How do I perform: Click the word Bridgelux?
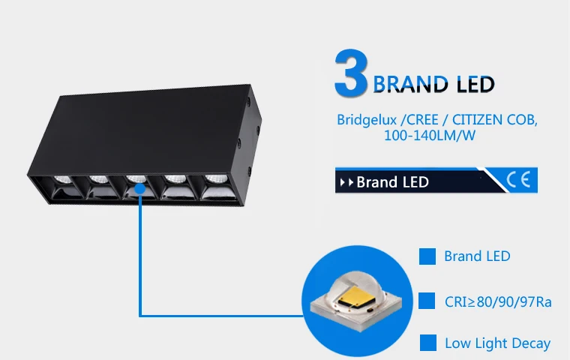tap(364, 120)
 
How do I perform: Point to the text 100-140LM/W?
tap(430, 136)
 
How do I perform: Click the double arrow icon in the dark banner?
tap(346, 182)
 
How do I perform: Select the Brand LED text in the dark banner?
tap(392, 182)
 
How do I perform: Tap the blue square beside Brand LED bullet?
tap(427, 256)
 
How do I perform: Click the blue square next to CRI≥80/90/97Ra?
tap(427, 301)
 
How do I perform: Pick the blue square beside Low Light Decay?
tap(427, 343)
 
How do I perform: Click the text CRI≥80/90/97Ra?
tap(498, 302)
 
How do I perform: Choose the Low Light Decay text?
tap(497, 344)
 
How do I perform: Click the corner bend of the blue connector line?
tap(140, 315)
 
